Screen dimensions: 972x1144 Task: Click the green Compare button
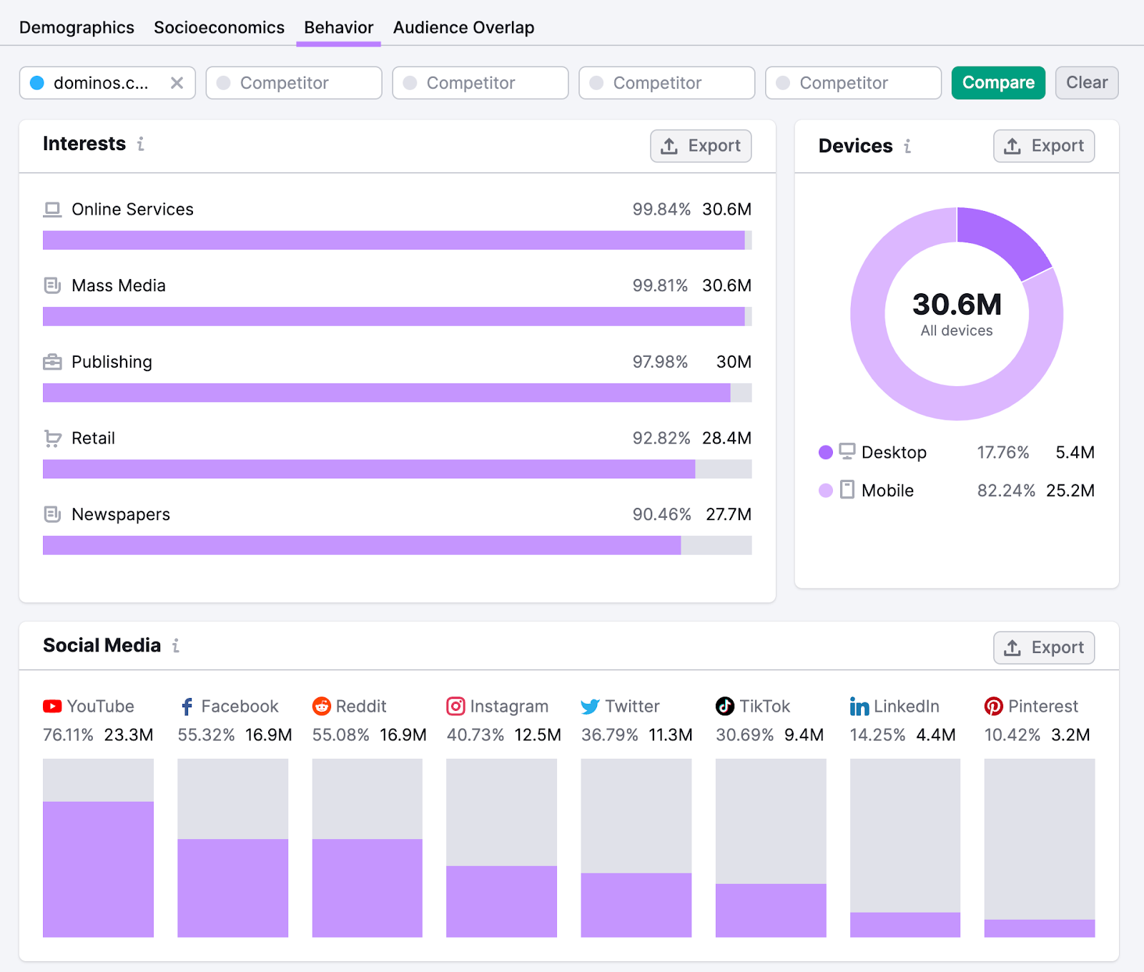997,83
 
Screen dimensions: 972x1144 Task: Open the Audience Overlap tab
463,27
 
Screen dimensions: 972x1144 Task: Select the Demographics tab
77,27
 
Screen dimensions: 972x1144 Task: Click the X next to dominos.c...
177,83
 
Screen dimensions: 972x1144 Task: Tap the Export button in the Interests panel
700,146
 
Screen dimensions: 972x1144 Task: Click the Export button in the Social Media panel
1043,648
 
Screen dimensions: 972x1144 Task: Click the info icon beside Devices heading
907,146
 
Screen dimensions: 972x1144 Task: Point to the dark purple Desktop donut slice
1001,240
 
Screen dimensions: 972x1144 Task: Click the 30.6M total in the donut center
957,305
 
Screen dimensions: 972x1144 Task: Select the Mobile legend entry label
887,491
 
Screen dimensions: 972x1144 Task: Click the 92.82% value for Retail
661,438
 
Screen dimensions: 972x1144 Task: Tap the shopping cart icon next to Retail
52,438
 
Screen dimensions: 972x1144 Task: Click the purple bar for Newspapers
361,545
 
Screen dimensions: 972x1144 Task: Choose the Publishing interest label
112,362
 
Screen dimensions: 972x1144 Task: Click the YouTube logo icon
52,707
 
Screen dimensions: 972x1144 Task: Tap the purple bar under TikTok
770,910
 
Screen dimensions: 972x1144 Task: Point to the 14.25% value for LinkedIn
877,735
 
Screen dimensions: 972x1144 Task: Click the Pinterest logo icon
993,707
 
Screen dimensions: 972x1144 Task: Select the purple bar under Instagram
501,901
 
